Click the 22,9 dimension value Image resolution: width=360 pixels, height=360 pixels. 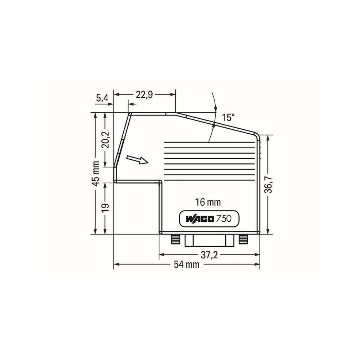pyautogui.click(x=144, y=94)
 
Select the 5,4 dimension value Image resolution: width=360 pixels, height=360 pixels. pyautogui.click(x=102, y=98)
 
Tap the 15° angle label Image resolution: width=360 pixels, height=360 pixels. pyautogui.click(x=228, y=118)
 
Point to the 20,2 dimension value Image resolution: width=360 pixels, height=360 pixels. pyautogui.click(x=106, y=140)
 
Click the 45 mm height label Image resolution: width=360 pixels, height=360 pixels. pyautogui.click(x=96, y=174)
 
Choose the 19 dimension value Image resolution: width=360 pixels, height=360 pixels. pyautogui.click(x=106, y=208)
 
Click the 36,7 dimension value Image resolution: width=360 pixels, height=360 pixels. pyautogui.click(x=268, y=185)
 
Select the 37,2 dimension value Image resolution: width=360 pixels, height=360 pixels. pyautogui.click(x=209, y=255)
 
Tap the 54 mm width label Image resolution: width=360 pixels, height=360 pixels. pyautogui.click(x=186, y=264)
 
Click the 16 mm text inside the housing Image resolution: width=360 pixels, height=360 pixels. pyautogui.click(x=208, y=202)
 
